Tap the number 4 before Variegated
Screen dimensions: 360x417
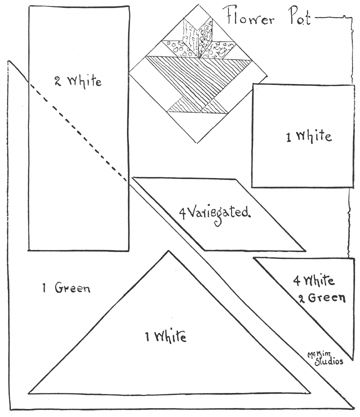click(x=183, y=211)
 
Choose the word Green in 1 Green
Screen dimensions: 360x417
click(x=71, y=288)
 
